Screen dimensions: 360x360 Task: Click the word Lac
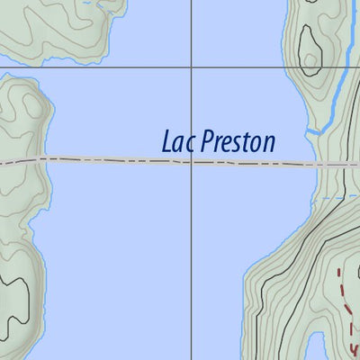point(178,142)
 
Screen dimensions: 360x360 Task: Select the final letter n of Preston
point(269,144)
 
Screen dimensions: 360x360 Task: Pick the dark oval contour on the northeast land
point(310,49)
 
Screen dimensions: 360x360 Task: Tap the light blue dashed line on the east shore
point(337,196)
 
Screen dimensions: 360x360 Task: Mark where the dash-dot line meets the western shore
point(40,159)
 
